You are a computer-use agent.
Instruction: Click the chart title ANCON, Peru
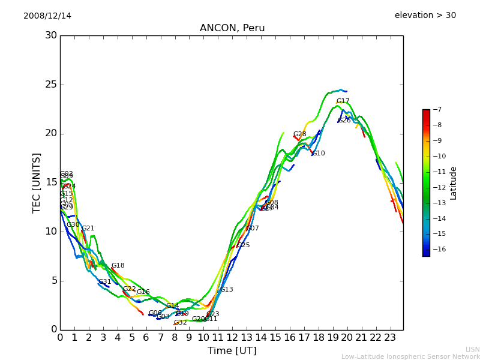tap(232, 28)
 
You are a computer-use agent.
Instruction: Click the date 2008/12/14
tap(47, 16)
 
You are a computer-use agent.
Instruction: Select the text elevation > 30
tap(425, 16)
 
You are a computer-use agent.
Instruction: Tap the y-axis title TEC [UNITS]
tap(37, 182)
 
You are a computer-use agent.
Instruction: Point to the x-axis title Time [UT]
tap(232, 351)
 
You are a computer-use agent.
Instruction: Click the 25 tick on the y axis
tap(51, 85)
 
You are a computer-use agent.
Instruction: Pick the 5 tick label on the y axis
tap(54, 281)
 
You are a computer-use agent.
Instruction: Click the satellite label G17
tap(343, 101)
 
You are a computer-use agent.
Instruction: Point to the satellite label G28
tap(299, 134)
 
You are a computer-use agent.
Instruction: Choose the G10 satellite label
tap(318, 154)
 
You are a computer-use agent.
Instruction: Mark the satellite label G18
tap(118, 266)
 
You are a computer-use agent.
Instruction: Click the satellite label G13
tap(226, 290)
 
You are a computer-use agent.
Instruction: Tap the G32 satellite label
tap(180, 323)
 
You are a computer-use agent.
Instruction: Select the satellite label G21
tap(88, 229)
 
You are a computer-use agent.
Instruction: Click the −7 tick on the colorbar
tap(436, 110)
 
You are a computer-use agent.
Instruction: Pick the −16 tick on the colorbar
tap(436, 250)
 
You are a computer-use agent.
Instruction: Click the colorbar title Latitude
tap(454, 183)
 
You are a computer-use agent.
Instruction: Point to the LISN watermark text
tap(472, 349)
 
